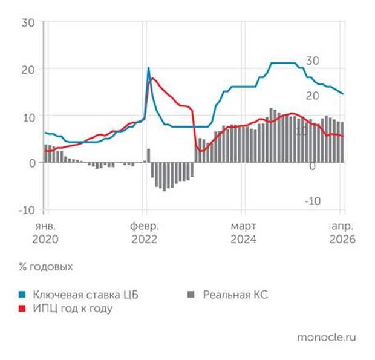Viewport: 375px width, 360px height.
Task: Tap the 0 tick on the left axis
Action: tap(32, 163)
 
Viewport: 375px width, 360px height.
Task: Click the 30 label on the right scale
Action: tap(312, 61)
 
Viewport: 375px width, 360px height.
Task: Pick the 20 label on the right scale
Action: tap(312, 96)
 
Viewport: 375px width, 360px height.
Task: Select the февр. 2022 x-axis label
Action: tap(144, 232)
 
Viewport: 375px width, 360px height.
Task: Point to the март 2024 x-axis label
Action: tap(243, 232)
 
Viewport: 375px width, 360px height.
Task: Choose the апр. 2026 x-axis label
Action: tap(342, 232)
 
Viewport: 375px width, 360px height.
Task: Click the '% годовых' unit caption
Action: tap(45, 267)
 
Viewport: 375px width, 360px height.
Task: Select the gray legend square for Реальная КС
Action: tap(192, 295)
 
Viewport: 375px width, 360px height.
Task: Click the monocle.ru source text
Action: tap(327, 337)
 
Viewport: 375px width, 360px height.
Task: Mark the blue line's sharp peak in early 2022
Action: tap(148, 68)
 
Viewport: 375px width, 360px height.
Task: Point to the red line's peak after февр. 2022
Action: tap(152, 79)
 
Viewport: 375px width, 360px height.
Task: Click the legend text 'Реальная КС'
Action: tap(235, 295)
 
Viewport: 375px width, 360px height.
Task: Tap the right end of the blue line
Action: tap(343, 94)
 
